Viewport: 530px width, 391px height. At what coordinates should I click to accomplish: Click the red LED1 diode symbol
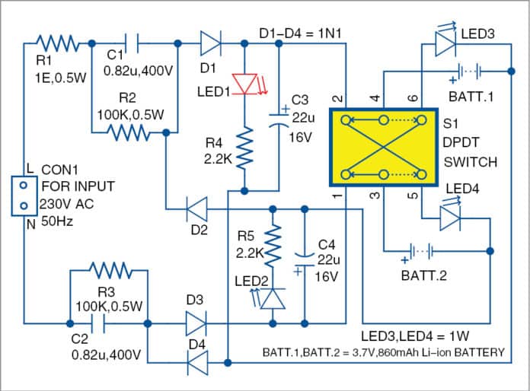(243, 83)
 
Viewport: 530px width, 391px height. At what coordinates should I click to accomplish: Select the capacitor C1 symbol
(132, 43)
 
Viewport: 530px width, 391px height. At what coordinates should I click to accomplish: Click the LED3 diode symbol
(444, 44)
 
